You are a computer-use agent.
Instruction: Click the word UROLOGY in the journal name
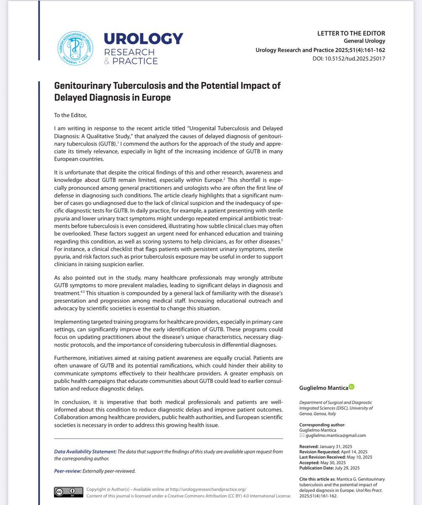[143, 39]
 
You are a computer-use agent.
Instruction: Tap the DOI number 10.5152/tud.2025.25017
[361, 58]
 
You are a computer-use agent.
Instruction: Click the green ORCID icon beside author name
[352, 386]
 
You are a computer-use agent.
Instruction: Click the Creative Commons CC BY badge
[67, 492]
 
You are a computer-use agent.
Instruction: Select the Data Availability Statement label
[85, 452]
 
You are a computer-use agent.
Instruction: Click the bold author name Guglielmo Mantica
[322, 387]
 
